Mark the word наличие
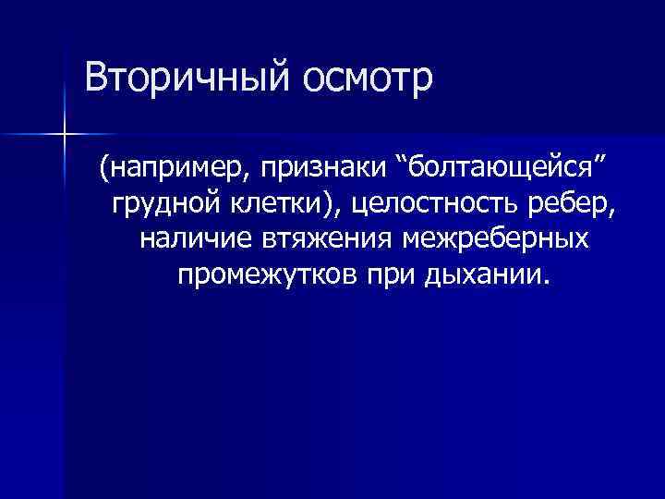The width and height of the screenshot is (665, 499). click(194, 238)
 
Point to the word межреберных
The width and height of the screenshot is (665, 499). click(497, 238)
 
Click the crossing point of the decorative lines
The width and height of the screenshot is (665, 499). click(63, 135)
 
